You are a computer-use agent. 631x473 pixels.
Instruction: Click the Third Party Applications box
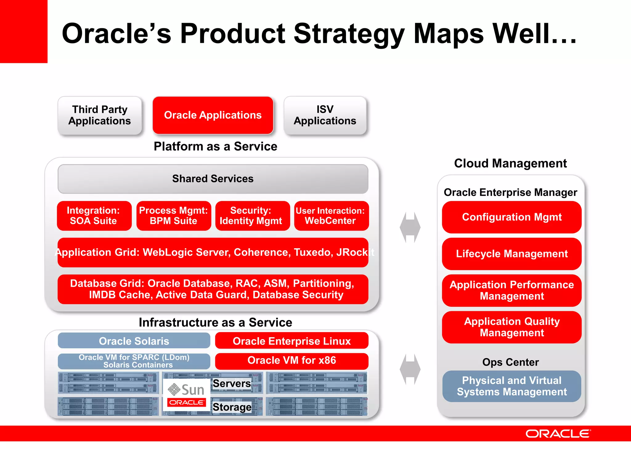100,115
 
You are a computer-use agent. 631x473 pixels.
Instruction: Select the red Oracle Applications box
213,115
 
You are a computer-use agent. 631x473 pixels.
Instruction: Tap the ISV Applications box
325,115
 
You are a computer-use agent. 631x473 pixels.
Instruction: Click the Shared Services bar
213,179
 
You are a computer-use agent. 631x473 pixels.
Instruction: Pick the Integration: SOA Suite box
94,216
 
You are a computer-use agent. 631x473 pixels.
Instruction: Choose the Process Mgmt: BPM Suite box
173,216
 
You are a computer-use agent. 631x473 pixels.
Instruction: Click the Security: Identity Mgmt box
252,216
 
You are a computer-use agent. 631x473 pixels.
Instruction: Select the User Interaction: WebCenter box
331,216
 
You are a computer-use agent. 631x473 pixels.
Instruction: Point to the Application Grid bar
213,252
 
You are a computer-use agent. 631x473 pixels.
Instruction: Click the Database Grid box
213,289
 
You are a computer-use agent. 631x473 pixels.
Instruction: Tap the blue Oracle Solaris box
134,341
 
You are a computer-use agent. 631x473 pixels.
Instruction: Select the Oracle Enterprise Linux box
291,341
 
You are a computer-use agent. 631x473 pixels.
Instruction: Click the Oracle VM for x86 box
291,361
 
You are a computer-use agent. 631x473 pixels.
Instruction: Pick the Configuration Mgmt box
511,217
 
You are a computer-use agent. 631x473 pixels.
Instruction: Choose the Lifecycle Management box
511,254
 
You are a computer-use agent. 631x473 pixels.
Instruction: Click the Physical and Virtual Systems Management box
511,386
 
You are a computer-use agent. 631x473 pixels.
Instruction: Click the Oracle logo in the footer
558,434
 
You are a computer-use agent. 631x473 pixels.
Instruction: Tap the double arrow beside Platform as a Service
410,227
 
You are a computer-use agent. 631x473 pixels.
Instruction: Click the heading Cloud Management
510,163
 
